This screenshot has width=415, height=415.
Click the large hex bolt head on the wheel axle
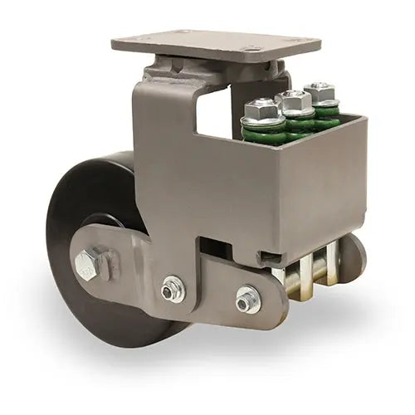[x=90, y=263]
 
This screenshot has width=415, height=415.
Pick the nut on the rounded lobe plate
[x=247, y=300]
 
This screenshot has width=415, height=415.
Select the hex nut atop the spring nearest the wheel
[x=261, y=108]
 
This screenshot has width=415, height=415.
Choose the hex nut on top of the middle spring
[x=295, y=100]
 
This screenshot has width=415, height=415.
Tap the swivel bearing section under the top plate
[x=178, y=66]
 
